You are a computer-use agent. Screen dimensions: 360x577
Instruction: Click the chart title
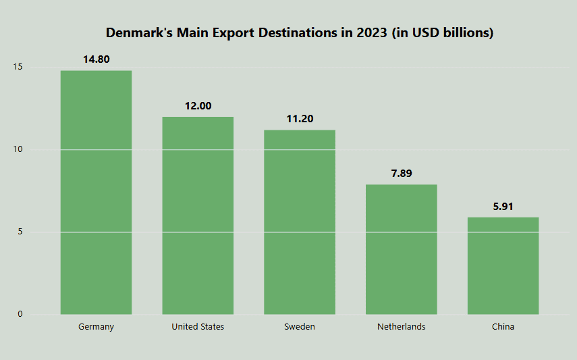[300, 32]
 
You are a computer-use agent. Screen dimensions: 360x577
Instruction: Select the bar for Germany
[96, 192]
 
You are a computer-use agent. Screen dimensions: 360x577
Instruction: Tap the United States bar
[198, 215]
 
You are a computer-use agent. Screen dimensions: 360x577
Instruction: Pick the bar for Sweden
[300, 222]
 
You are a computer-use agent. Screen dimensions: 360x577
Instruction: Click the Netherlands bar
[401, 249]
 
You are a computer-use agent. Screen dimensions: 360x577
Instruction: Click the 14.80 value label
[96, 59]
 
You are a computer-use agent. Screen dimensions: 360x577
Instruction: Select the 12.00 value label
[198, 105]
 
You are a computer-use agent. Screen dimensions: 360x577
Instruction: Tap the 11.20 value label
[300, 119]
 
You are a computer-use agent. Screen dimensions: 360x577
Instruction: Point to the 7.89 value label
[401, 174]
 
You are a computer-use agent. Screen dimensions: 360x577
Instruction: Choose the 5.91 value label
[503, 206]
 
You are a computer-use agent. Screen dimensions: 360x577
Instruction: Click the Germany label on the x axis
[96, 327]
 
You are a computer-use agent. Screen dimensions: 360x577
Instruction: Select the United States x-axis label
[198, 327]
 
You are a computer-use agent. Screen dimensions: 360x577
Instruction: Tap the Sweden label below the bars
[300, 327]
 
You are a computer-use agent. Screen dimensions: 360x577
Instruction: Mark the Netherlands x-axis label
[401, 327]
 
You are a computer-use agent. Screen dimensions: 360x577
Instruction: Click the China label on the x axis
[503, 327]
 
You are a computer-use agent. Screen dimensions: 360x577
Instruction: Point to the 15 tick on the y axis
[18, 67]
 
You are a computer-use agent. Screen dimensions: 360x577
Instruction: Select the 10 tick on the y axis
[18, 149]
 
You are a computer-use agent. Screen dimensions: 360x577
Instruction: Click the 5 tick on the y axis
[20, 232]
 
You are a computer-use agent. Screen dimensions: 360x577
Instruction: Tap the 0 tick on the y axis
[20, 314]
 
